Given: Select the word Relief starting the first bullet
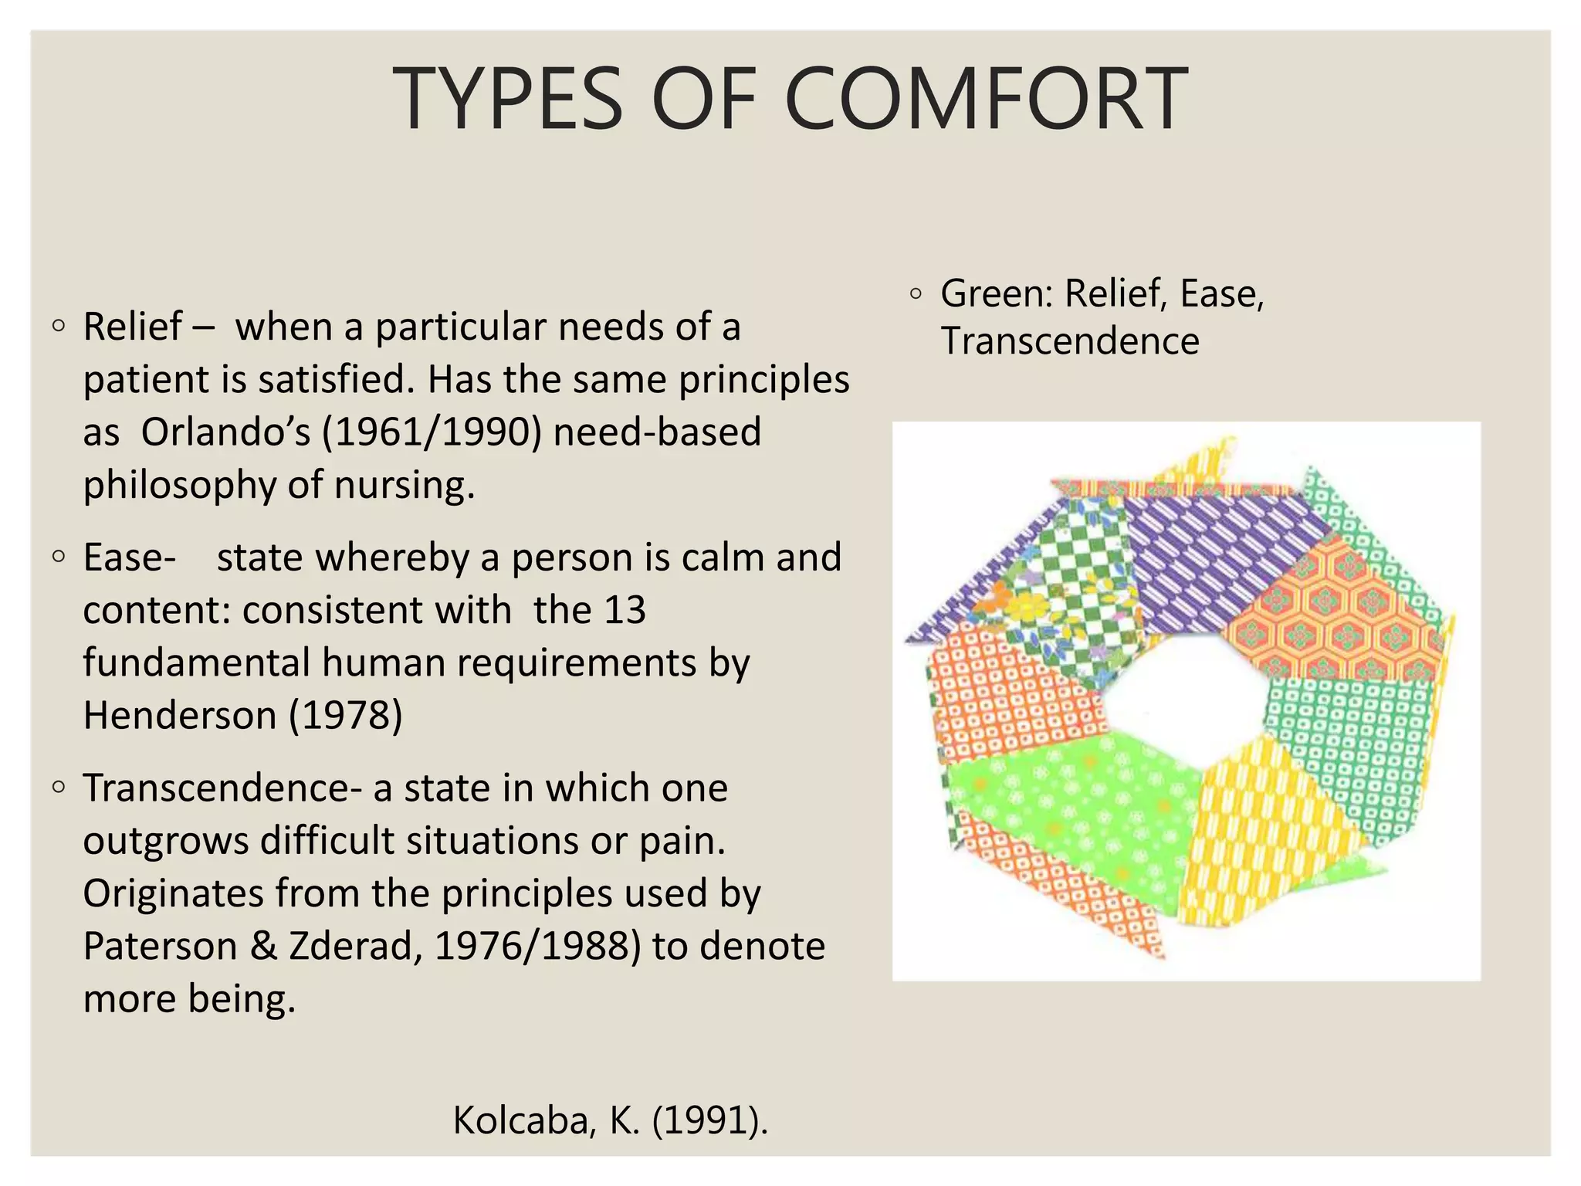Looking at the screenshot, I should (x=132, y=327).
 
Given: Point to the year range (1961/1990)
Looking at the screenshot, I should (x=432, y=432).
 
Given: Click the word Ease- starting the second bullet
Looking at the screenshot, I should (x=129, y=557).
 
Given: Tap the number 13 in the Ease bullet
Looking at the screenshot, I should (x=625, y=610).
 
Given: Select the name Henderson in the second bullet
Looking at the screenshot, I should (x=179, y=715).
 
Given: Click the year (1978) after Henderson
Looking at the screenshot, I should (x=345, y=715).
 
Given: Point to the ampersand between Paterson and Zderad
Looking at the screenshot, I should (x=263, y=947).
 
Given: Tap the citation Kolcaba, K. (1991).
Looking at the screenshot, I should (x=610, y=1120).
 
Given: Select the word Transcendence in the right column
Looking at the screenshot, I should (x=1069, y=341).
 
